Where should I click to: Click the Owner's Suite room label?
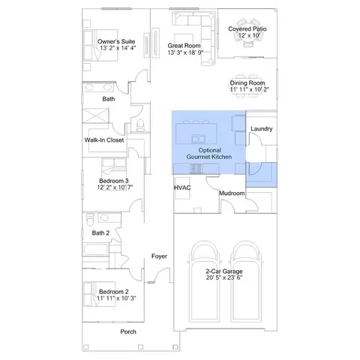[116, 41]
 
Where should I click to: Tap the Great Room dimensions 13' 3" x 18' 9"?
[185, 52]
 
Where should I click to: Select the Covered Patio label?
[247, 28]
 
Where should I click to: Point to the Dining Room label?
[247, 83]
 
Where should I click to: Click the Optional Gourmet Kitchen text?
[209, 154]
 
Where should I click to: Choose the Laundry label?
[262, 129]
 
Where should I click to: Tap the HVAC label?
[182, 187]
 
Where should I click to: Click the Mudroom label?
[232, 193]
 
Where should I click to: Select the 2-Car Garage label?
[224, 271]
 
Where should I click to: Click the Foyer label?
[159, 256]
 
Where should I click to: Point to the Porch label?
[128, 331]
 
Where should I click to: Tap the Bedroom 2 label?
[114, 292]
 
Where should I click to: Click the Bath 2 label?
[100, 233]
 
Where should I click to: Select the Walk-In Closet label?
[104, 140]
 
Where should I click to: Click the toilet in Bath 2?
[90, 219]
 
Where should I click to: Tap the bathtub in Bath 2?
[96, 249]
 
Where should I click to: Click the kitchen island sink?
[199, 139]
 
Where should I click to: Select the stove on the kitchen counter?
[196, 169]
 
